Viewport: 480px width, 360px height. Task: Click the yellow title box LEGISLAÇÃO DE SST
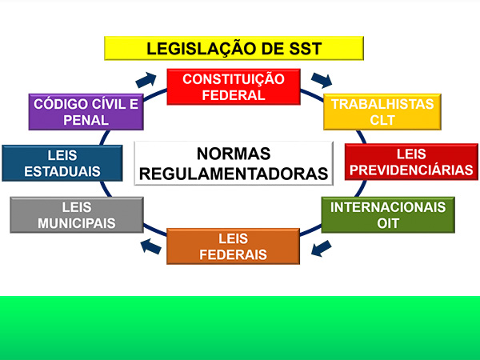pos(234,48)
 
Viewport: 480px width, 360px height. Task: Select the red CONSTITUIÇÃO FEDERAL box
pos(233,86)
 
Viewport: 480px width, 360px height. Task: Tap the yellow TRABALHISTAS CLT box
pos(382,112)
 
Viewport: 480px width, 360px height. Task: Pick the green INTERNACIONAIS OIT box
pos(387,214)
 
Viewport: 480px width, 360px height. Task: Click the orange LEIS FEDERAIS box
pos(233,246)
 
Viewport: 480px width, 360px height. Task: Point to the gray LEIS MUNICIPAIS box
pos(77,214)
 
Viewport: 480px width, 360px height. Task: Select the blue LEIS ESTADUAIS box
pos(62,162)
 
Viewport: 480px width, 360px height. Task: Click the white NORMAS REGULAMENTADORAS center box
pos(234,163)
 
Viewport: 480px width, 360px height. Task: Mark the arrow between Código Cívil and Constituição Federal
pos(146,78)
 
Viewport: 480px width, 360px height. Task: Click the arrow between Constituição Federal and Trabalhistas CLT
pos(322,80)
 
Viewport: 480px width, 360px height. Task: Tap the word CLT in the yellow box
pos(382,120)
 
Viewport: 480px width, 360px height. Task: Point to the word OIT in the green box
pos(387,222)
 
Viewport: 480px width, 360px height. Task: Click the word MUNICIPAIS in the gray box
pos(77,222)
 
